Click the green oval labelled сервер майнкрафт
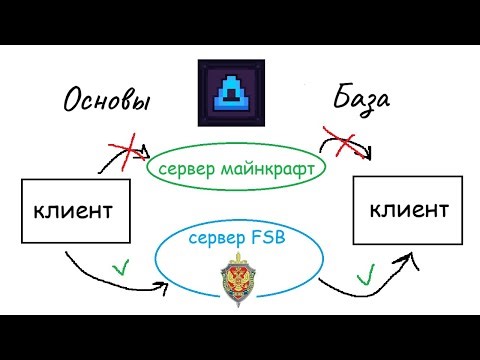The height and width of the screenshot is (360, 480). coord(235,169)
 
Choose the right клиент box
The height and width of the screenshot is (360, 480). coord(409,211)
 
